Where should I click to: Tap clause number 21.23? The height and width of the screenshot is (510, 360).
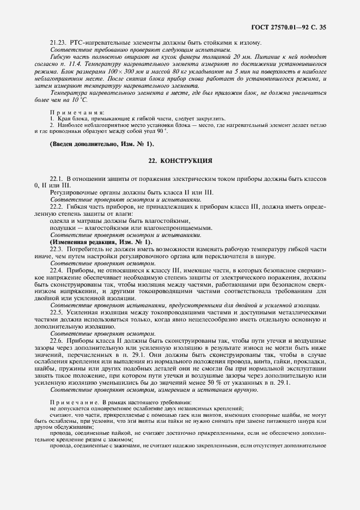pos(58,42)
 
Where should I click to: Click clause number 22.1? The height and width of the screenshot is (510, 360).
pos(57,179)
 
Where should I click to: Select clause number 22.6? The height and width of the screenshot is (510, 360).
pos(57,340)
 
